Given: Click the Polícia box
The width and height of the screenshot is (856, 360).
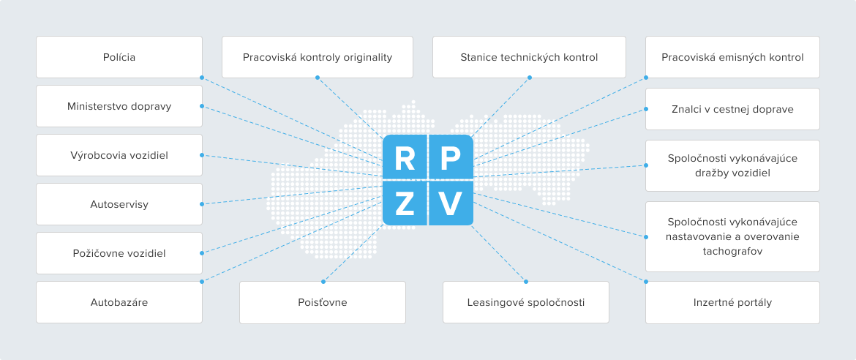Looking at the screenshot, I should coord(119,57).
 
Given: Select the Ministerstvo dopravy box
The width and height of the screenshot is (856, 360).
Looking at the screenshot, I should coord(119,106).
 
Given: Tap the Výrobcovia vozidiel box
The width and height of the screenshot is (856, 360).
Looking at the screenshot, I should coord(119,155).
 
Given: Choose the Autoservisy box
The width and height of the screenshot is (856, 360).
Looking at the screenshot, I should coord(119,204).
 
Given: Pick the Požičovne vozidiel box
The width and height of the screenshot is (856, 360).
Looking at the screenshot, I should coord(119,253).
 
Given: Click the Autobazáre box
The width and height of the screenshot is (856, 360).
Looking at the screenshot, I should coord(119,302).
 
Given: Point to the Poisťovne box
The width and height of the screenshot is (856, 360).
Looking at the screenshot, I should coord(323,302).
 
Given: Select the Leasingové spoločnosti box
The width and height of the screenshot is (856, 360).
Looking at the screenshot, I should coord(526,302).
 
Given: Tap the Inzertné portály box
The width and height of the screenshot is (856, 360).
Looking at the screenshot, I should coord(732,302).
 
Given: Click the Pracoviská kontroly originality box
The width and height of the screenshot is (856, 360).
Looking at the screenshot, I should coord(318,57).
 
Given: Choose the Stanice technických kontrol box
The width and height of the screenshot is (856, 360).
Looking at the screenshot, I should coord(529,57).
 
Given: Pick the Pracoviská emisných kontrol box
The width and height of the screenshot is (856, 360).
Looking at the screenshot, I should coord(732,57).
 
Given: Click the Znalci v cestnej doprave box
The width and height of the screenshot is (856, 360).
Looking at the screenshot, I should coord(732,109).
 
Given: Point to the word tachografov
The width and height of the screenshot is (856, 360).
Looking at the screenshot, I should coord(732,251).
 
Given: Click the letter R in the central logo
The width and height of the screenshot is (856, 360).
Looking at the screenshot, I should coord(405,158).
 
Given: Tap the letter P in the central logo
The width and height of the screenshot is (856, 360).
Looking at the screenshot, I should coord(451,158).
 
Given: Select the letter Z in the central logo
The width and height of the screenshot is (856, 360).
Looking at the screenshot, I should coord(405,203).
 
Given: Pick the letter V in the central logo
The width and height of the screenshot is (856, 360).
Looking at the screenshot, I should coord(451,203).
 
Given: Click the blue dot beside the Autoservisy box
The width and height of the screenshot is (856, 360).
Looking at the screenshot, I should coord(202,204).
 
